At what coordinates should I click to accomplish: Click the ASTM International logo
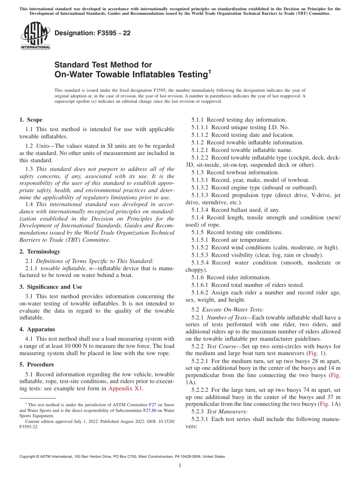point(35,36)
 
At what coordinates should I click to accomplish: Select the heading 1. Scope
point(31,120)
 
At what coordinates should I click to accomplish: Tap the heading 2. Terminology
point(40,252)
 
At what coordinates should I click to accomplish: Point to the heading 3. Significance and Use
point(51,287)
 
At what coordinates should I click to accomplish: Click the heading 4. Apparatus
point(37,329)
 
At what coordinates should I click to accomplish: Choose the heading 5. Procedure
point(37,365)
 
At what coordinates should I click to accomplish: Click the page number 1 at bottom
point(180,466)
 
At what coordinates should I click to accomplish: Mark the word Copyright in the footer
point(28,457)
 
